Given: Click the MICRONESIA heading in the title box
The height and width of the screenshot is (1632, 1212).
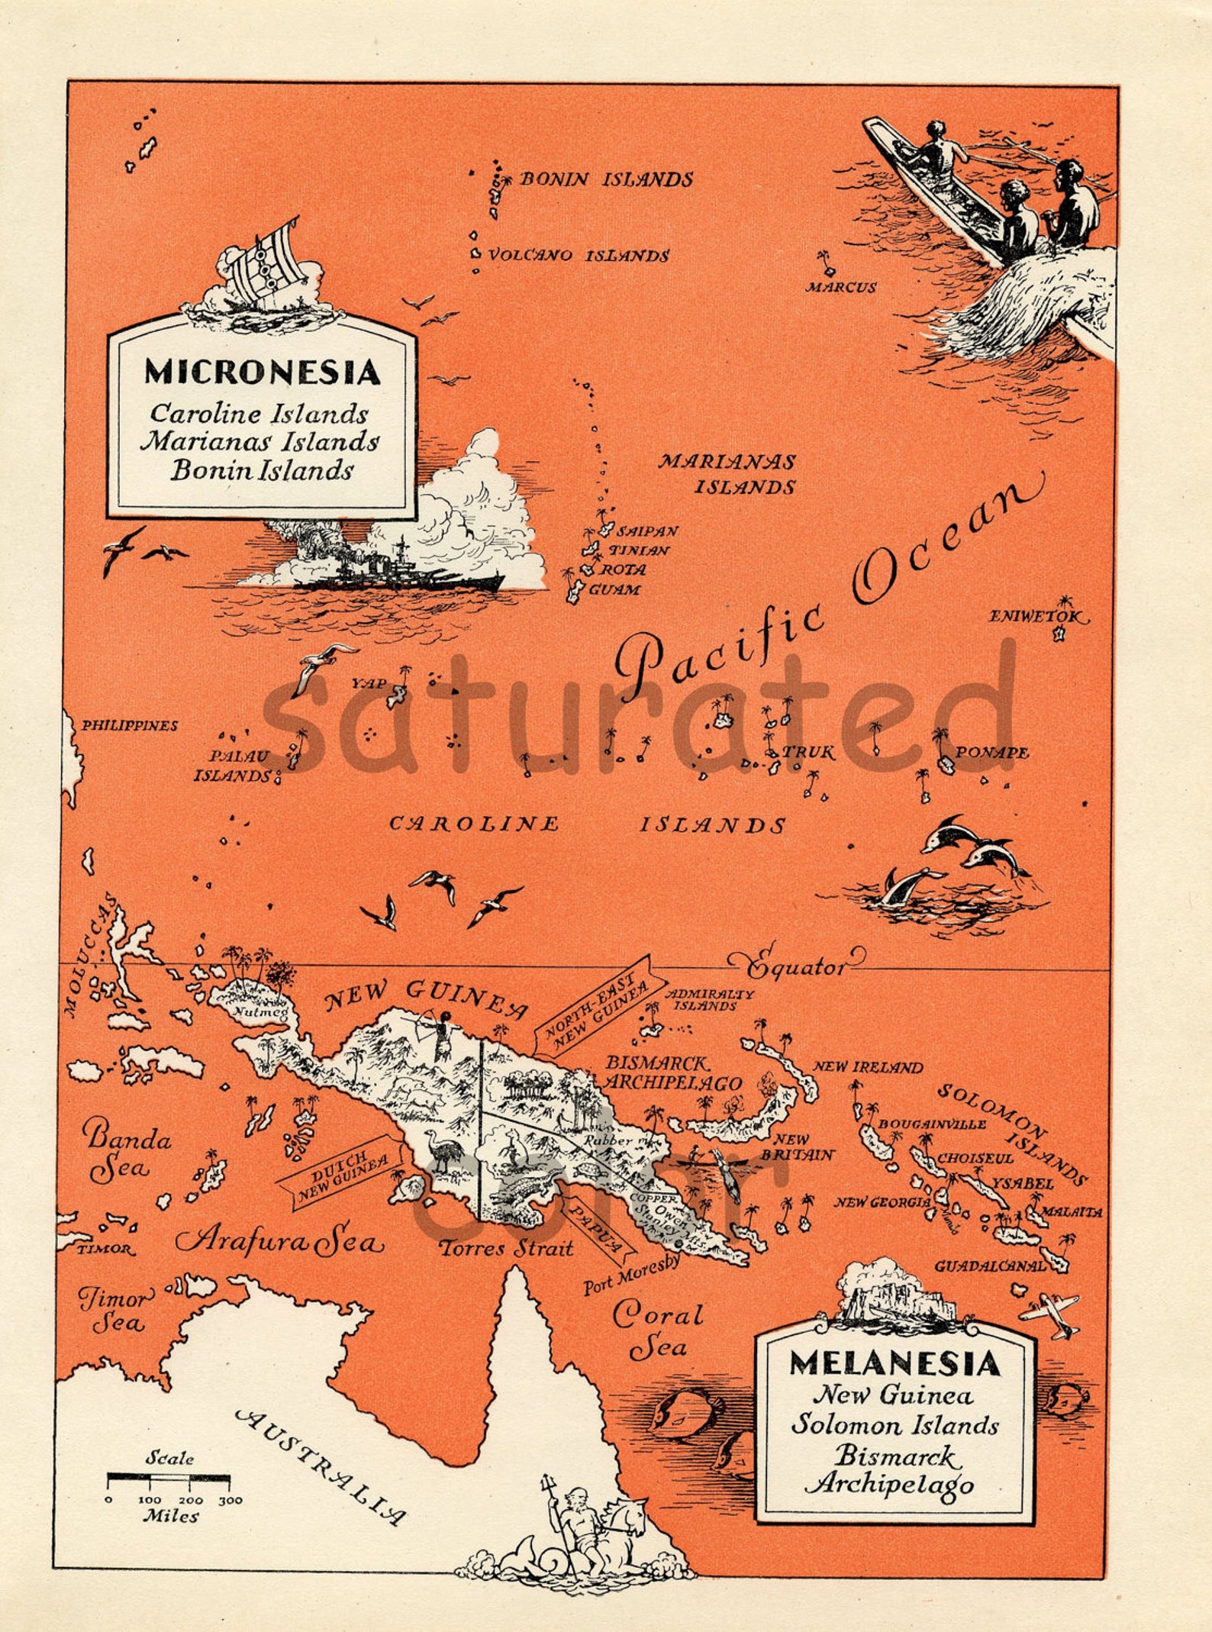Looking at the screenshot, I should pyautogui.click(x=262, y=373).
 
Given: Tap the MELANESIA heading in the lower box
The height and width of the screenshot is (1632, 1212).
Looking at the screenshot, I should pyautogui.click(x=894, y=1363).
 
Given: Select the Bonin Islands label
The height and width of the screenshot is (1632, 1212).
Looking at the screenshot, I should pyautogui.click(x=606, y=180).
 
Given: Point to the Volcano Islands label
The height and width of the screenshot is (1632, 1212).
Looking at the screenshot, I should pyautogui.click(x=578, y=256).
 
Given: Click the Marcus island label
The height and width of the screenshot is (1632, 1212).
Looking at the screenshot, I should pyautogui.click(x=842, y=288).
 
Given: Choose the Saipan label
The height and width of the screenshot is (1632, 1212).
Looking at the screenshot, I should pyautogui.click(x=646, y=531).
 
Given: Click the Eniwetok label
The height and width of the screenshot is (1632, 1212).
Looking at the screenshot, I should pyautogui.click(x=1037, y=616).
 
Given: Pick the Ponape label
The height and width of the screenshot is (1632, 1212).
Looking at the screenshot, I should pyautogui.click(x=992, y=753).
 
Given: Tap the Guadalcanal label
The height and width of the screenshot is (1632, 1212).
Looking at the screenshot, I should pyautogui.click(x=989, y=1266).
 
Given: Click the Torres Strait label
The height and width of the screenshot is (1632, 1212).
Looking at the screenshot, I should pyautogui.click(x=505, y=1249).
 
